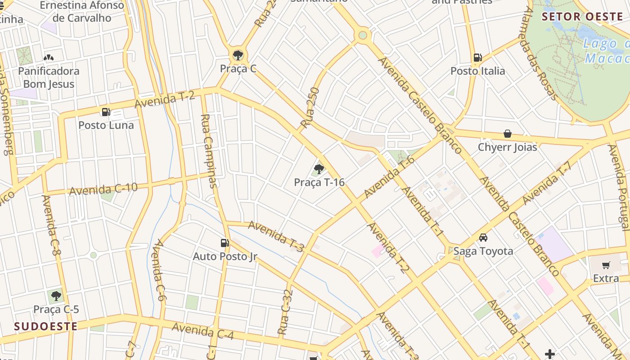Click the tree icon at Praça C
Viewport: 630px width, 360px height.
238,55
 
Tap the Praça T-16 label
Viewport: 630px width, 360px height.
319,182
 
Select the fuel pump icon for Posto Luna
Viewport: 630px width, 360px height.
106,112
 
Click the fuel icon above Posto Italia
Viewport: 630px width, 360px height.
477,58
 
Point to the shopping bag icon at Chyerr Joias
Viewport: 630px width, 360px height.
508,134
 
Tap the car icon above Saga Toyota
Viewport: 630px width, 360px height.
483,237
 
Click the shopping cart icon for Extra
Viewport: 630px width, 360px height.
606,265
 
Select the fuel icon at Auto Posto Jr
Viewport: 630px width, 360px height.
225,243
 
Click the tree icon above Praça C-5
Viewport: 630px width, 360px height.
56,296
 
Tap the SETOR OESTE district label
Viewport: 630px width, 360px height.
582,17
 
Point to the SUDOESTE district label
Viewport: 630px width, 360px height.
45,326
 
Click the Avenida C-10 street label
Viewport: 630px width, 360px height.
103,189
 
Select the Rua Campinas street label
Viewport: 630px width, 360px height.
209,151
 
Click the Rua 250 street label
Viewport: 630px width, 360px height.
310,108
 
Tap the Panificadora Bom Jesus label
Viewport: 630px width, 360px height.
49,77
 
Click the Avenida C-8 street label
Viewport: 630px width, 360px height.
51,225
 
